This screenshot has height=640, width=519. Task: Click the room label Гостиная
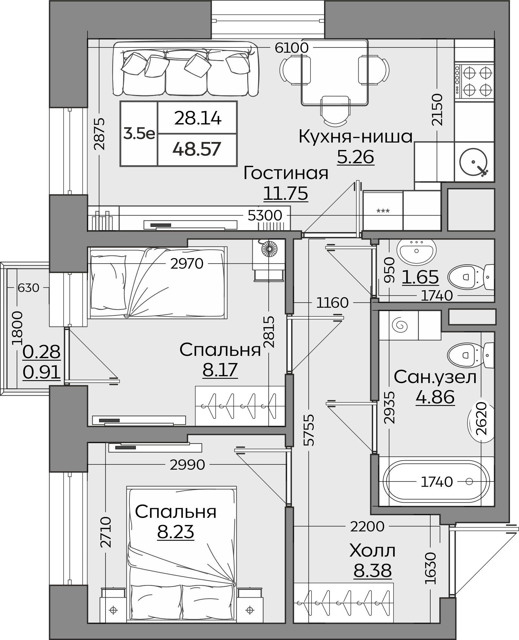pos(286,173)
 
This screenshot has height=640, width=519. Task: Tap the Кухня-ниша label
pos(356,136)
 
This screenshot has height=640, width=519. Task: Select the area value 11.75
pos(286,194)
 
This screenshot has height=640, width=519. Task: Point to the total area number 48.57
pos(197,149)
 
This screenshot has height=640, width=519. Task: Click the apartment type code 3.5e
pos(139,133)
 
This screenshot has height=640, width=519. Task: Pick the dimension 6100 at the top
pos(292,48)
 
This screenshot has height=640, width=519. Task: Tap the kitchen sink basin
pos(474,162)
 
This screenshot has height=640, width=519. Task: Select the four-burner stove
pos(474,81)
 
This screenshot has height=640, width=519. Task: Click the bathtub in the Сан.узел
pos(436,482)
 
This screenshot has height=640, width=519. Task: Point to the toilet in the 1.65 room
pos(471,277)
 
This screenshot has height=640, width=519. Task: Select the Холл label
pos(372,550)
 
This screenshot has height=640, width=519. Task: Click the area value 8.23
pos(176,532)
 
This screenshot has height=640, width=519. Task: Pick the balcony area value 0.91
pos(42,372)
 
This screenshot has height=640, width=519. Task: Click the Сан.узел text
pos(435,377)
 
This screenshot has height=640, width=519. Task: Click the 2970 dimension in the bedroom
pos(187,264)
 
